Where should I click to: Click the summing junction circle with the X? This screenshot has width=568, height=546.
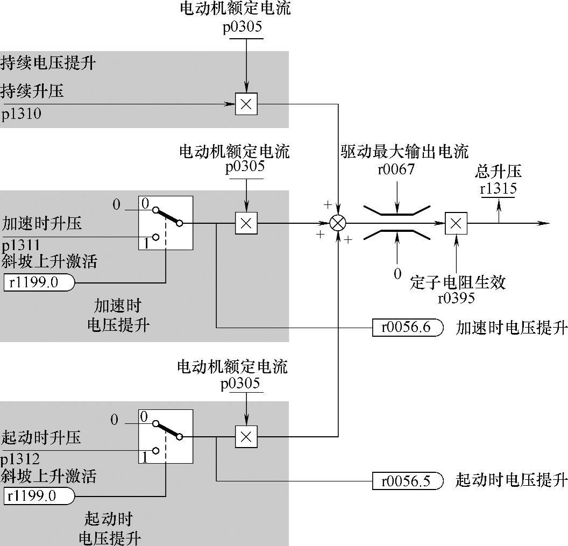click(x=338, y=223)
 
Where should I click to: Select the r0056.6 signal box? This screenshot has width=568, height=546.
click(x=408, y=327)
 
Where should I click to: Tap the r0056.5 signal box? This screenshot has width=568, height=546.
click(x=408, y=480)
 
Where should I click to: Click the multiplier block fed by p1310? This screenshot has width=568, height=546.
click(x=246, y=104)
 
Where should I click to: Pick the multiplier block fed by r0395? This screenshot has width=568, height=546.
click(x=456, y=223)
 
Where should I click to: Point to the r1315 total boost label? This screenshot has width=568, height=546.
click(x=498, y=189)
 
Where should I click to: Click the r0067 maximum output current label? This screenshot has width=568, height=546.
click(x=396, y=170)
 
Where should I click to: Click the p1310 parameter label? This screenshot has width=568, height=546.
click(x=21, y=114)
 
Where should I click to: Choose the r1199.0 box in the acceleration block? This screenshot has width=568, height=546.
click(x=39, y=282)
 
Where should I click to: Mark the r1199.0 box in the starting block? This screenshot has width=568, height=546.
click(x=39, y=495)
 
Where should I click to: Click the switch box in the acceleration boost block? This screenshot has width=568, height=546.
click(x=166, y=223)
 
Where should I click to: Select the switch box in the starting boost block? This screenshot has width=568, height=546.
click(x=166, y=436)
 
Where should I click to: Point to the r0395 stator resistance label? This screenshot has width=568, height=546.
click(x=456, y=297)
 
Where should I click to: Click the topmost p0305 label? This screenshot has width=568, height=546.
click(x=243, y=27)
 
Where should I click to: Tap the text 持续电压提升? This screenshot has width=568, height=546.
click(x=48, y=62)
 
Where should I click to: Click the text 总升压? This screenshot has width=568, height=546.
click(x=498, y=172)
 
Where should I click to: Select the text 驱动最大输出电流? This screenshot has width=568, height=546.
click(x=404, y=151)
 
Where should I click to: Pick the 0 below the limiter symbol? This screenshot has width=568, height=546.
click(x=397, y=274)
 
